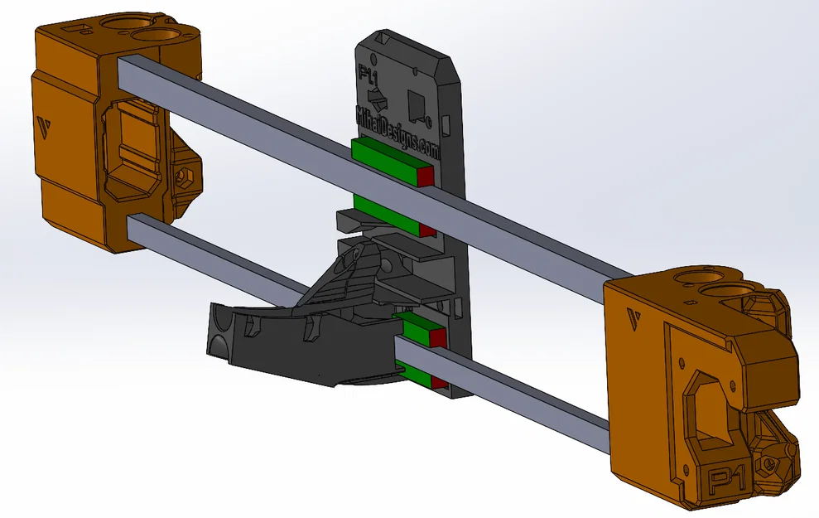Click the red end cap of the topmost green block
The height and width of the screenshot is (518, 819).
click(x=426, y=176)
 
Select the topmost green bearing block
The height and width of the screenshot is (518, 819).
click(x=385, y=160)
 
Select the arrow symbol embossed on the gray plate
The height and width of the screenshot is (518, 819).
click(x=378, y=100)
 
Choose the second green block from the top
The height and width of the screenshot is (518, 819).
click(x=386, y=211)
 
